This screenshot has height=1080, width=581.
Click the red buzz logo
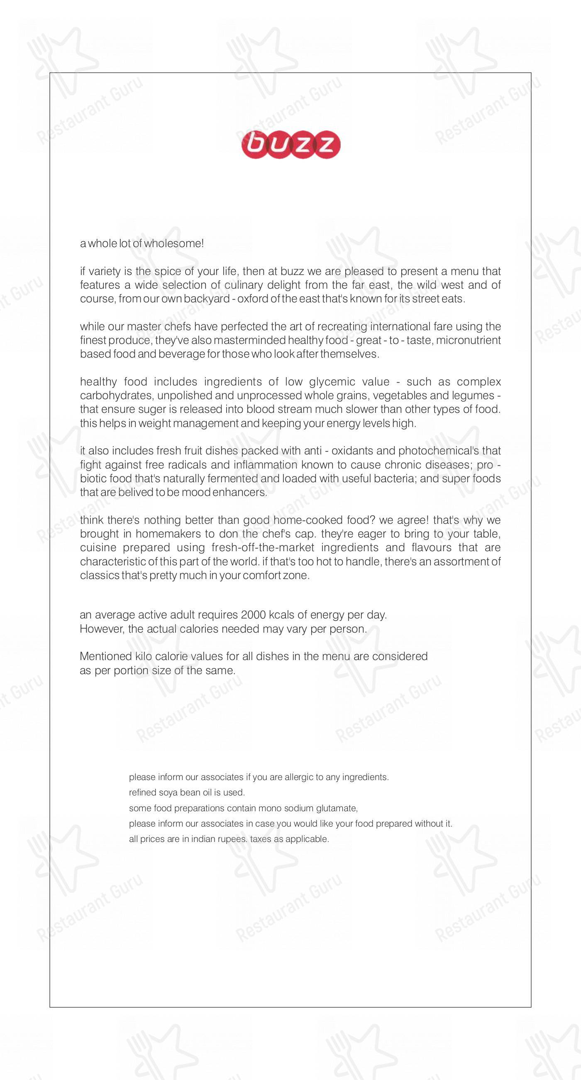click(x=291, y=145)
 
